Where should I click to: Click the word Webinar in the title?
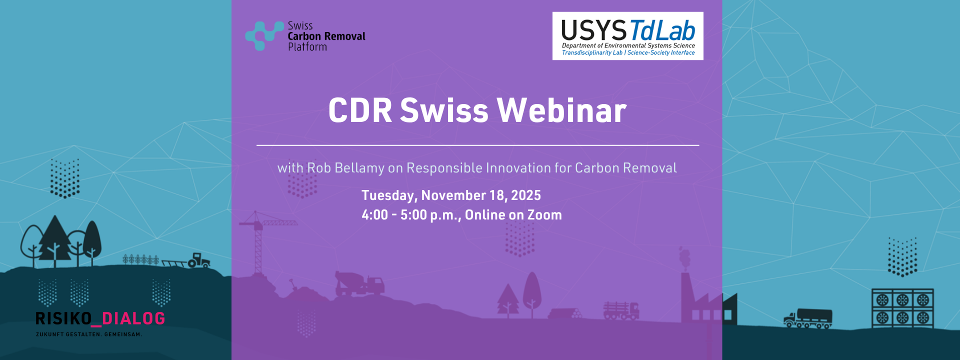561,110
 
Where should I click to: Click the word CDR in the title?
360,110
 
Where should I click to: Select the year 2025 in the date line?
526,195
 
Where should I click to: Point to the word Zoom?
544,215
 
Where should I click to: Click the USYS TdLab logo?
628,36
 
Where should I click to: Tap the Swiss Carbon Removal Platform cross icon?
264,35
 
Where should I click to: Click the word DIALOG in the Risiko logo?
133,318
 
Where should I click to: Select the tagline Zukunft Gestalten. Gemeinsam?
89,334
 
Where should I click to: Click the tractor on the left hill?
199,260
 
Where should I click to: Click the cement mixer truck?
359,284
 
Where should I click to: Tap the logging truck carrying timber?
621,310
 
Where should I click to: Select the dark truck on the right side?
808,318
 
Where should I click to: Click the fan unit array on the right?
902,308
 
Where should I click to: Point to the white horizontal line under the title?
478,145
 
